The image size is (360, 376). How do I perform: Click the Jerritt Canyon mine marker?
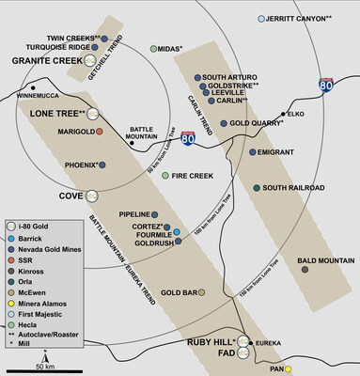coord(261,19)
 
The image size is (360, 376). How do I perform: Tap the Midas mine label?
coord(170,48)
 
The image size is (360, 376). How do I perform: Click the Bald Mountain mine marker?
coord(305,270)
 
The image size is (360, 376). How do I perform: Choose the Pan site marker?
coord(290,369)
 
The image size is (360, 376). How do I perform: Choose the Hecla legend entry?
coord(43,325)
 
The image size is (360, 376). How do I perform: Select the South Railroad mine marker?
coord(258,188)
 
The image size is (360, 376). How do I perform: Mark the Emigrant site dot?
coord(251,151)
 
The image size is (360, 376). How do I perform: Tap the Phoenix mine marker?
coord(102,165)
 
